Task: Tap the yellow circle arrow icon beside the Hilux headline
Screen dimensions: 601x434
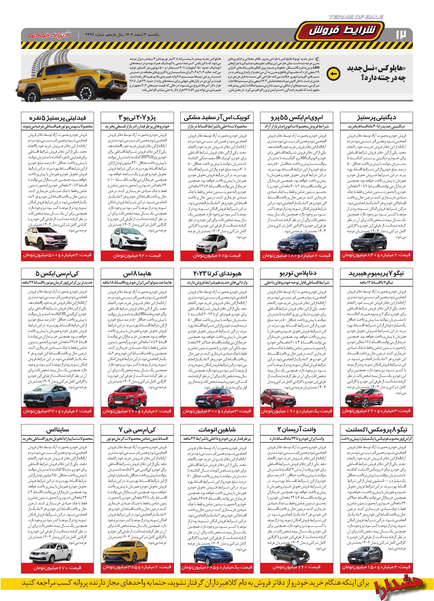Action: [333, 74]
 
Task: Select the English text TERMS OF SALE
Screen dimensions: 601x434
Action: [355, 17]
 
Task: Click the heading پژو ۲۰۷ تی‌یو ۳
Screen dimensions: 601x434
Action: [137, 117]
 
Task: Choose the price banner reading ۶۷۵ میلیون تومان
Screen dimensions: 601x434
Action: [217, 255]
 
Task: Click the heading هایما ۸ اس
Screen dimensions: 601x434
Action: [137, 273]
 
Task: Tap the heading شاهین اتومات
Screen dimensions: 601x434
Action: [217, 429]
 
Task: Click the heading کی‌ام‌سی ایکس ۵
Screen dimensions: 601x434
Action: [57, 273]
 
